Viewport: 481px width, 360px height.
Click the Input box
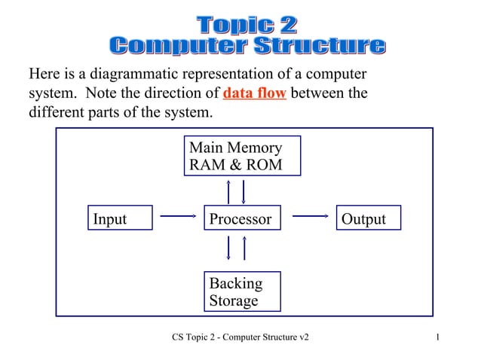120,218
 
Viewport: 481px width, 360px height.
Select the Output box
368,218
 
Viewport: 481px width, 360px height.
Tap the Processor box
242,218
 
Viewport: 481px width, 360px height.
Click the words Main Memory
235,148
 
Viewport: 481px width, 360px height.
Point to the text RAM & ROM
235,164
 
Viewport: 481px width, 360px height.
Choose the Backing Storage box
242,291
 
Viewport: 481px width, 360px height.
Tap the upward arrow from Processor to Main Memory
228,191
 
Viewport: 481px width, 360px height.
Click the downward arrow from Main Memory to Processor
244,191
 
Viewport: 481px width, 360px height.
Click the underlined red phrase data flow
255,94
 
